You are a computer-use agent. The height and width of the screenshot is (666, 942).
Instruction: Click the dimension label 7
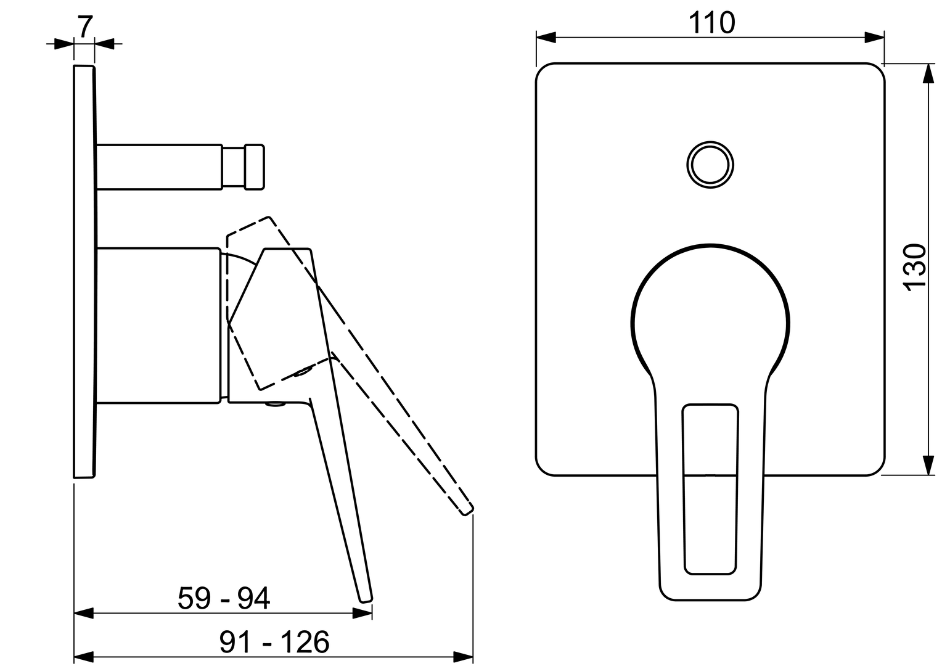tap(85, 26)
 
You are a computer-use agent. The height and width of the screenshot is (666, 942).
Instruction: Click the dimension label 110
tap(711, 23)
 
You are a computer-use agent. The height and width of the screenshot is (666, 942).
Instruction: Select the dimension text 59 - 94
tap(224, 599)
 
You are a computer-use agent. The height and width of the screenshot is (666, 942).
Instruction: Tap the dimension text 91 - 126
tap(274, 643)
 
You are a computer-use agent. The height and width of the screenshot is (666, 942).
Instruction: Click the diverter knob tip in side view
tap(255, 166)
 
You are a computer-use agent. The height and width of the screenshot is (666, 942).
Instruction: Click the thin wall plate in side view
tap(84, 271)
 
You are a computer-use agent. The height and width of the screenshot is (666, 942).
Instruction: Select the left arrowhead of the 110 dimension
tap(546, 38)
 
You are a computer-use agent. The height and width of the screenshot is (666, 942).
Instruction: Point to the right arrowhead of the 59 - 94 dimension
tap(363, 613)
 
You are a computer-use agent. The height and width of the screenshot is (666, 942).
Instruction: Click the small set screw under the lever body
tap(276, 405)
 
